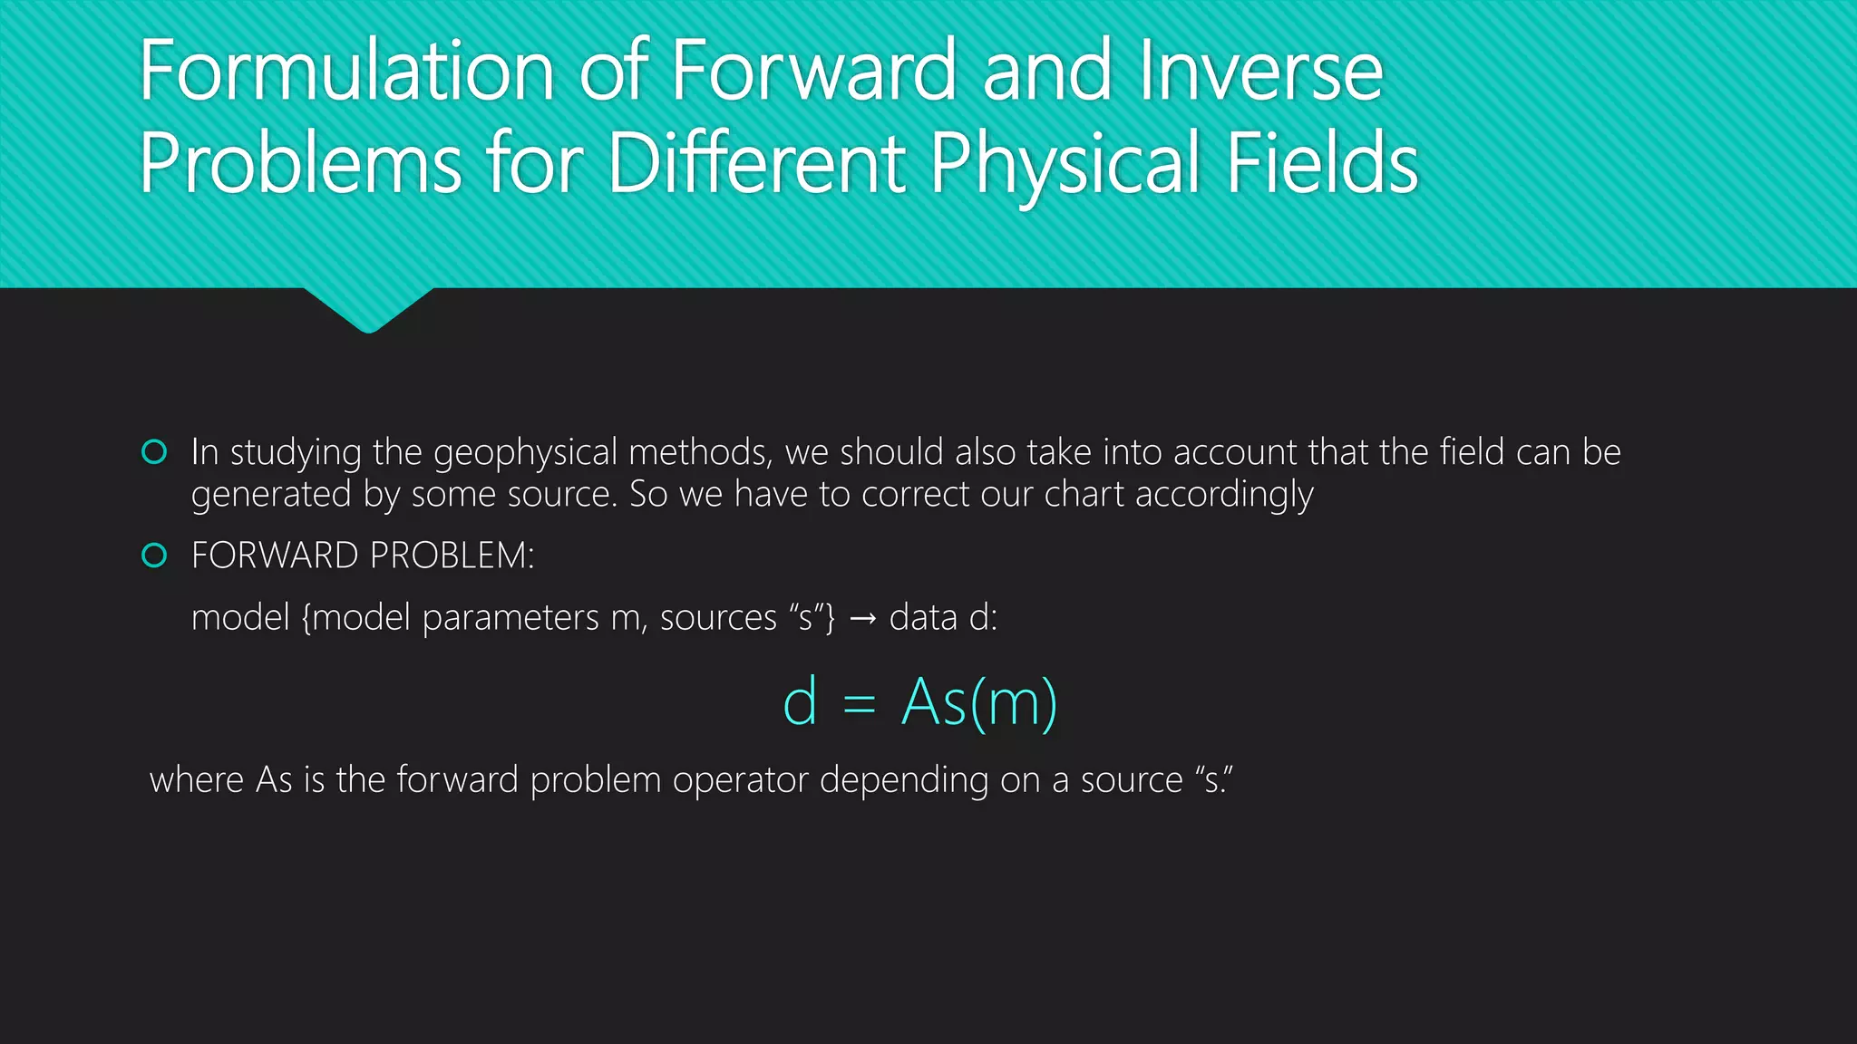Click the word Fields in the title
pyautogui.click(x=1323, y=164)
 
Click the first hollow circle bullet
pyautogui.click(x=155, y=451)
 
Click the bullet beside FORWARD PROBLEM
pyautogui.click(x=155, y=555)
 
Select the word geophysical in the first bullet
pyautogui.click(x=525, y=453)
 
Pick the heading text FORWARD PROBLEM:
pyautogui.click(x=363, y=556)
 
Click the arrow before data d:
pyautogui.click(x=863, y=619)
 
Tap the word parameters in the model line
pyautogui.click(x=510, y=619)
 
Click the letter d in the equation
pyautogui.click(x=800, y=702)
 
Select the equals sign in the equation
pyautogui.click(x=859, y=704)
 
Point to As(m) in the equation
pyautogui.click(x=979, y=702)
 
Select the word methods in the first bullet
pyautogui.click(x=701, y=452)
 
